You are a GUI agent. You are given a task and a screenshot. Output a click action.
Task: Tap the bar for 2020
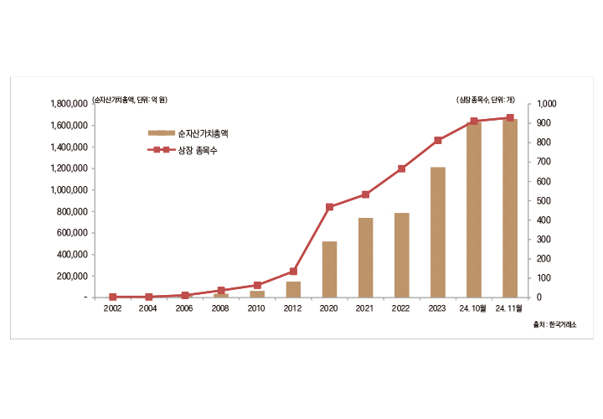click(x=329, y=269)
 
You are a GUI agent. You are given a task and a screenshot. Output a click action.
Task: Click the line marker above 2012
click(x=293, y=271)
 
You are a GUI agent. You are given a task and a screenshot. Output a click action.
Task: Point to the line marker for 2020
click(x=329, y=207)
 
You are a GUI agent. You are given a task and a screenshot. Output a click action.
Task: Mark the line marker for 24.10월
click(x=474, y=122)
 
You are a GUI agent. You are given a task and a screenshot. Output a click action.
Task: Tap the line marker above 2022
click(x=402, y=168)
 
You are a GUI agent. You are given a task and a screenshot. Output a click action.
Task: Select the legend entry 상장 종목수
click(x=198, y=151)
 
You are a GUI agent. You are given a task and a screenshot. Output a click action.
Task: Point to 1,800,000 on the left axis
click(x=70, y=104)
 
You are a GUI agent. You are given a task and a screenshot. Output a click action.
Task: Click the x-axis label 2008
click(x=220, y=308)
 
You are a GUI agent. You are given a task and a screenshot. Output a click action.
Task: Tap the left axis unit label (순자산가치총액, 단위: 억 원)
click(x=130, y=100)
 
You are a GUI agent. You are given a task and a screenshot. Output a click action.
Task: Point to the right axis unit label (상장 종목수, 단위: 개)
click(x=490, y=100)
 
